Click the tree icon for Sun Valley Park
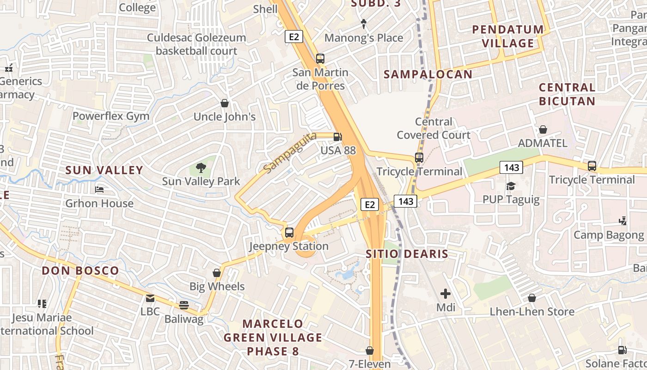coord(201,167)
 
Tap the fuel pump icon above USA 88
coord(338,136)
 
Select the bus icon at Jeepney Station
coord(289,232)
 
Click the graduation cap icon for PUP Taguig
coord(511,186)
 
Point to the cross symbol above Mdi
coord(446,294)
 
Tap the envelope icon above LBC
coord(150,298)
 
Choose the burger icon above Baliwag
coord(184,305)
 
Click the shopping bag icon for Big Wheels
coord(216,273)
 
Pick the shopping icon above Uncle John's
coord(225,103)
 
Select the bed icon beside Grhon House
coord(99,189)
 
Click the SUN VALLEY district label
coord(104,170)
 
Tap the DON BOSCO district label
coord(80,271)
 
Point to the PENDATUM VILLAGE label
coord(508,36)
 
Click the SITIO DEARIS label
coord(407,254)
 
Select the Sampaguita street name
coord(290,153)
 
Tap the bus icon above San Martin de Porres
coord(320,59)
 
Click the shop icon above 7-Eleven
coord(369,351)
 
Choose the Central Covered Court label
coord(433,128)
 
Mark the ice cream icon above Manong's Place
coord(364,24)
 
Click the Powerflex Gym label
coord(111,116)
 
